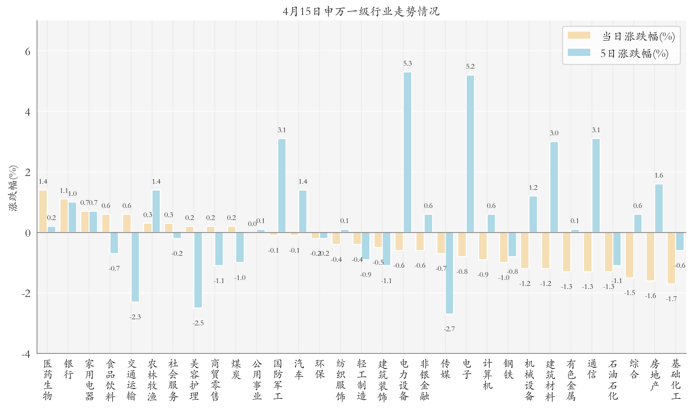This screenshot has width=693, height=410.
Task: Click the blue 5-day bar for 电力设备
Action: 407,152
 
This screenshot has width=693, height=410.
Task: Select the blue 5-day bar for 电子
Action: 470,154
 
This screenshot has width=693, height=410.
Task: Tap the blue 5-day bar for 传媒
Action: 449,273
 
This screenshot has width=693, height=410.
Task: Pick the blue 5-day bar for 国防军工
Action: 282,185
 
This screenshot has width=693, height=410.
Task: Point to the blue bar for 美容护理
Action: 198,270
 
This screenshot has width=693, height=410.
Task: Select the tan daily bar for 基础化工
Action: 671,258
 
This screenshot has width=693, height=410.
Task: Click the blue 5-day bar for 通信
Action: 596,185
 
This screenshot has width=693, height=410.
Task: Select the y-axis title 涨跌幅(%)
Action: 13,188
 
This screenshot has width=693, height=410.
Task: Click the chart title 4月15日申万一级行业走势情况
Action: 361,11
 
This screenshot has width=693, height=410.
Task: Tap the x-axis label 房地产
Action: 655,375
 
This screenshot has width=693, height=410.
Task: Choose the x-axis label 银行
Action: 68,369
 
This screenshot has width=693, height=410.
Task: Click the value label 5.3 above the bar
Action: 407,63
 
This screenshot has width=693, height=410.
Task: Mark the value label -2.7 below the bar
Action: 449,329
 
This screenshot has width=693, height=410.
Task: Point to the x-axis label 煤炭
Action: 236,369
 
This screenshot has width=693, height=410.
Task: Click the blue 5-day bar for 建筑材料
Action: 554,187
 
